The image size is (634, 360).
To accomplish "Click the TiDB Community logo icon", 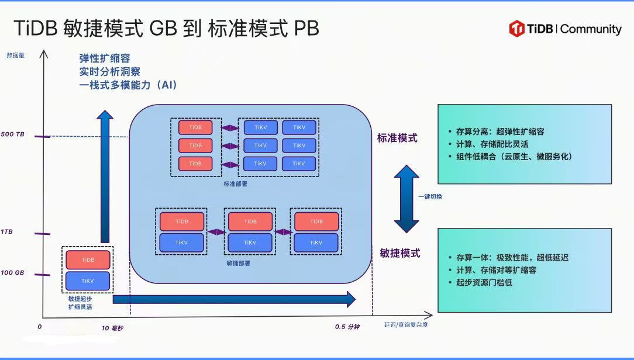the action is (x=517, y=29).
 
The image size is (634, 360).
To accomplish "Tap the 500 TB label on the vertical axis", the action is (x=12, y=134).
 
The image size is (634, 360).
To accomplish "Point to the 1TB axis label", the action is (x=6, y=231).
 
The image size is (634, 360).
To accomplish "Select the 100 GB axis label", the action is (x=12, y=272).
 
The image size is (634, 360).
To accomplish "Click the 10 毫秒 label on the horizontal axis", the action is (x=112, y=328).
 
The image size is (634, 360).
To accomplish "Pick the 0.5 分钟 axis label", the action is (x=347, y=327).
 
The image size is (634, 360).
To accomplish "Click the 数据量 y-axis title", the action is (x=15, y=55).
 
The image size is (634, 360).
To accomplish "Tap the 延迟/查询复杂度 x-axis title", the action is (x=405, y=324).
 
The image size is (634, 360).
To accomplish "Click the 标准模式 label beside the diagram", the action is (x=397, y=138).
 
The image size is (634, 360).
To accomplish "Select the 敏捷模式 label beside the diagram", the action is (x=400, y=253).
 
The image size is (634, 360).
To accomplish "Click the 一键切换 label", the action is (x=430, y=197).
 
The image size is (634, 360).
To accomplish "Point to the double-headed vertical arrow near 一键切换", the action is (x=406, y=199).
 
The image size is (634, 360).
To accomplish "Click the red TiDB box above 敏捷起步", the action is (x=88, y=260).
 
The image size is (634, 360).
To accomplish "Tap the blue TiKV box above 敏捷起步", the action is (x=88, y=281).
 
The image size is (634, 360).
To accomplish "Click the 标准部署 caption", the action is (x=235, y=184).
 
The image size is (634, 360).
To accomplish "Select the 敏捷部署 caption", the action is (x=238, y=263).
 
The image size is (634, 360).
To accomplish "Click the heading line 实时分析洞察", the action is (x=109, y=71).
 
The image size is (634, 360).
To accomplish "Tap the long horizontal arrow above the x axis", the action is (x=234, y=299).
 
